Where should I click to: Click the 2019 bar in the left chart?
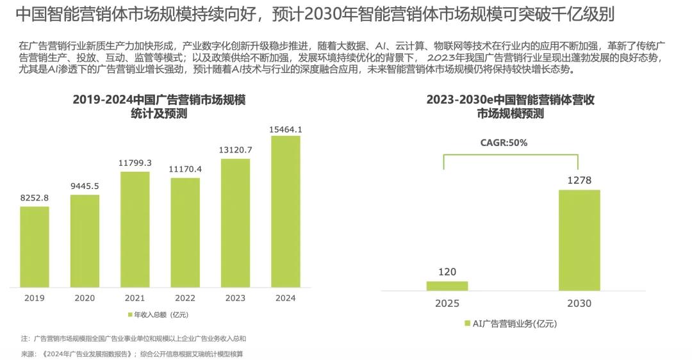pyautogui.click(x=35, y=247)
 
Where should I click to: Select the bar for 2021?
pyautogui.click(x=135, y=229)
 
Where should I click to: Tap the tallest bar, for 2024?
pyautogui.click(x=285, y=211)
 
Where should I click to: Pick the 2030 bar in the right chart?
pyautogui.click(x=579, y=240)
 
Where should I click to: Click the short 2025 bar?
pyautogui.click(x=447, y=286)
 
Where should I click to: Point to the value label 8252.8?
pyautogui.click(x=35, y=198)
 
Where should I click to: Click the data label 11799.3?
pyautogui.click(x=135, y=163)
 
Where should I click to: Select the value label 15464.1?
pyautogui.click(x=286, y=129)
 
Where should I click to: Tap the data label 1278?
pyautogui.click(x=579, y=181)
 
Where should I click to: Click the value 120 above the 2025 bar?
pyautogui.click(x=447, y=272)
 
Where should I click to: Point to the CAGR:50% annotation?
pyautogui.click(x=504, y=143)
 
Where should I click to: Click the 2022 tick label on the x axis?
pyautogui.click(x=185, y=298)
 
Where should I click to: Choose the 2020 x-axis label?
pyautogui.click(x=85, y=298)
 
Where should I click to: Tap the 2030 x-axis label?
pyautogui.click(x=579, y=304)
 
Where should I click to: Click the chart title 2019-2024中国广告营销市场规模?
pyautogui.click(x=160, y=101)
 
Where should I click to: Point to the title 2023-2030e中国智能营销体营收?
pyautogui.click(x=511, y=101)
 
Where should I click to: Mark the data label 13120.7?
pyautogui.click(x=235, y=150)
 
